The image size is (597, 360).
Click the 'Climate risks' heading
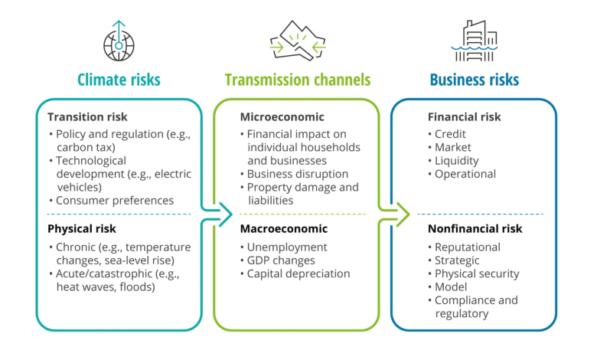coord(119,80)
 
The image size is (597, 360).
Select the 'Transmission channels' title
coord(298,80)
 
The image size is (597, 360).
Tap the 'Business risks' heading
coord(475,80)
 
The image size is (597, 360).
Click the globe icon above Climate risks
coord(119,41)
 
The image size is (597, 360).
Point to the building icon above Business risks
coord(475,41)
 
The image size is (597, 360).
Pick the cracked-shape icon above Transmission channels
coord(298,41)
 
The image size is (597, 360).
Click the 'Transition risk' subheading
coord(87,117)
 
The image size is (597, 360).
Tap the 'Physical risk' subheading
coord(81,229)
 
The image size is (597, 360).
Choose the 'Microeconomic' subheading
coord(282,117)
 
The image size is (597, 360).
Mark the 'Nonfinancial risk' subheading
coord(475,229)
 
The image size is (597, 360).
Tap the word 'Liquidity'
coord(456,161)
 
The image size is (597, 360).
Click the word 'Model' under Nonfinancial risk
coord(451,287)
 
